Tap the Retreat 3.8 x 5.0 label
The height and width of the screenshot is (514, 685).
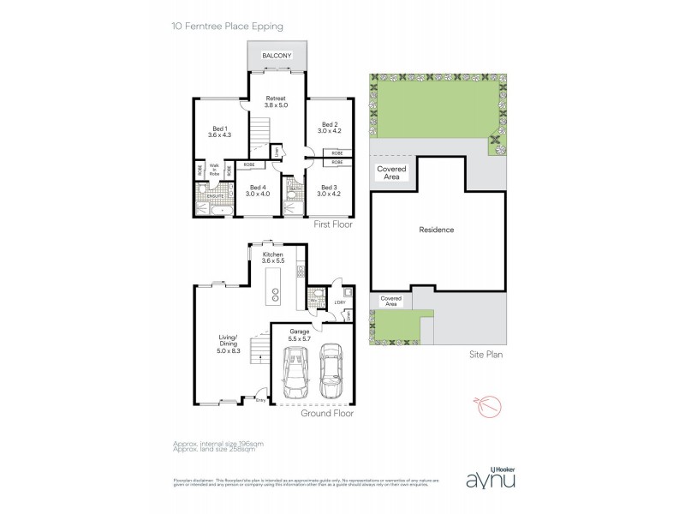(x=276, y=102)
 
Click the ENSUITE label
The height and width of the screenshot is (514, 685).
(x=215, y=196)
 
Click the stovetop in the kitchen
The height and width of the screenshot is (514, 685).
(x=301, y=272)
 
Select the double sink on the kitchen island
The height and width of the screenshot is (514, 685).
(x=276, y=294)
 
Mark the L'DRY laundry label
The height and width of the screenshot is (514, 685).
(x=338, y=302)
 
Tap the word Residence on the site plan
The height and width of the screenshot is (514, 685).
(x=436, y=230)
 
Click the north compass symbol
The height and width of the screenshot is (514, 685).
(x=477, y=403)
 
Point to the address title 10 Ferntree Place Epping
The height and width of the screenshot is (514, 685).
(x=227, y=27)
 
